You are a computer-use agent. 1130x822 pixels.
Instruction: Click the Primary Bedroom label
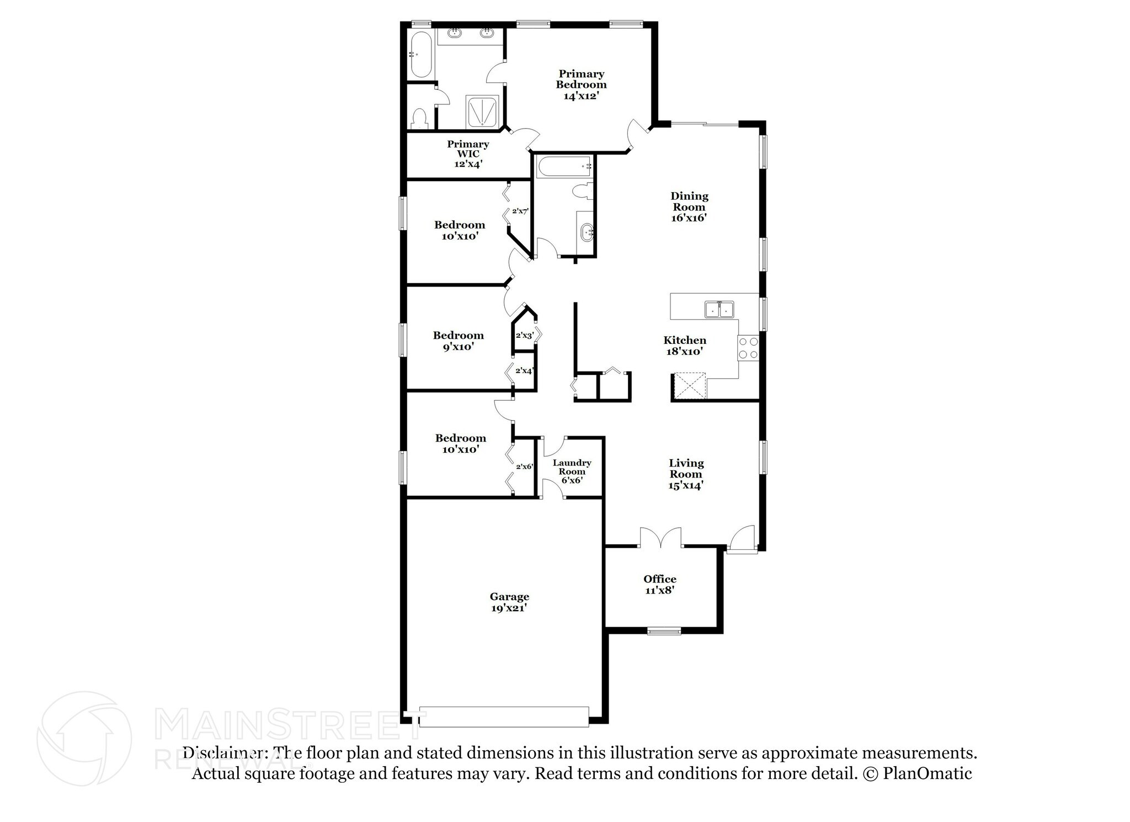click(x=581, y=79)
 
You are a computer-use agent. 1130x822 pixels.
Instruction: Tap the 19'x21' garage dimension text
click(x=509, y=608)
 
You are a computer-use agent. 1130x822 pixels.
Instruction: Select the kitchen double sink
click(x=719, y=310)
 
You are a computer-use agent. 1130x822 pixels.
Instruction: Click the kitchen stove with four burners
click(x=748, y=348)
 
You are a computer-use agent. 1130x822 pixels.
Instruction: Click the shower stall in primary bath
click(x=483, y=112)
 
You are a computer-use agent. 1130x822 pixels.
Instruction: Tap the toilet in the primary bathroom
click(x=420, y=118)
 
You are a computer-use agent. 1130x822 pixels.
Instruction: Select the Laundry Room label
click(x=572, y=467)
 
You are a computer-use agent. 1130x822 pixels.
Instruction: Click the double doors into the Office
click(x=660, y=538)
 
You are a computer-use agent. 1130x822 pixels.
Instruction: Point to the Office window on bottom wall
click(x=664, y=631)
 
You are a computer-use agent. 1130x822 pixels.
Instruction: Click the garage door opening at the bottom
click(x=504, y=717)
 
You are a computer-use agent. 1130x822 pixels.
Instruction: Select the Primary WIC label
click(x=468, y=149)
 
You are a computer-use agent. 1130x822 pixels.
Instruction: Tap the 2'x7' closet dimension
click(x=520, y=211)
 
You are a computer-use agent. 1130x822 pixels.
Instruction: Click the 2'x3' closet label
click(x=524, y=336)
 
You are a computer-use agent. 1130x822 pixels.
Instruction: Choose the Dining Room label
click(x=689, y=201)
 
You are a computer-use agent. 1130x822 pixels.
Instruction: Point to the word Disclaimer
click(x=222, y=753)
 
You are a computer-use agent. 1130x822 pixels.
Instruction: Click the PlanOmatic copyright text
click(x=917, y=773)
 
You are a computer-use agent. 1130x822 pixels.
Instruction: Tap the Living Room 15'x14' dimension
click(x=685, y=486)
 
